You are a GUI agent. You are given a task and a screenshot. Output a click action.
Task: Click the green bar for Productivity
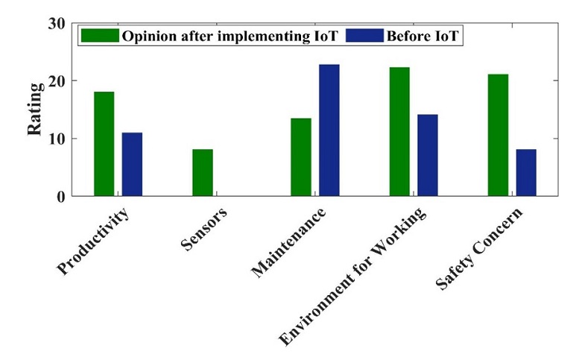(x=104, y=144)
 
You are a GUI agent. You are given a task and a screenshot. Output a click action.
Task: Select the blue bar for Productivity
(x=132, y=164)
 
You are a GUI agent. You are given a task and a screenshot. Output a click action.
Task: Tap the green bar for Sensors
(x=203, y=172)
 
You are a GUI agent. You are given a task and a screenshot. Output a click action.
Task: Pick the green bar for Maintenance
(x=301, y=157)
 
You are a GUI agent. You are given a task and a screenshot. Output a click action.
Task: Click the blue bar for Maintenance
(x=329, y=130)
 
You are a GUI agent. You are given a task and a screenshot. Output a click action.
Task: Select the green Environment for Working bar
(x=399, y=131)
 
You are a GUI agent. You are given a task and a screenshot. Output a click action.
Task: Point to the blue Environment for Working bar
(x=428, y=155)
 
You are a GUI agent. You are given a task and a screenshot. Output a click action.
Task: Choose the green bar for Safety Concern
(x=498, y=135)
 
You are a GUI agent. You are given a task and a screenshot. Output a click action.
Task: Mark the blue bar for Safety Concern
(x=526, y=172)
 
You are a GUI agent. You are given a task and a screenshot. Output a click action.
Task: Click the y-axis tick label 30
(x=57, y=24)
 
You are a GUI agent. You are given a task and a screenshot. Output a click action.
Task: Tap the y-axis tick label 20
(x=57, y=80)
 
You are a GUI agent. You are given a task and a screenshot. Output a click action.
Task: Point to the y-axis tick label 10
(x=57, y=139)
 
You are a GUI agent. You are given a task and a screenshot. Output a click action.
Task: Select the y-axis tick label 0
(x=61, y=197)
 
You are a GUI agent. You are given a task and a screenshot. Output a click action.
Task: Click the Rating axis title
(x=35, y=110)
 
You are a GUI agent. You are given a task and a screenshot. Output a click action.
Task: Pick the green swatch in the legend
(x=100, y=36)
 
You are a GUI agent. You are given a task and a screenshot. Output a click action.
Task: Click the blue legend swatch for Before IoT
(x=365, y=36)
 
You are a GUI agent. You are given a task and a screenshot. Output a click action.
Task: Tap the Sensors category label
(x=204, y=229)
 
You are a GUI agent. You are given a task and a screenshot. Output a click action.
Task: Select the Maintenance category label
(x=288, y=242)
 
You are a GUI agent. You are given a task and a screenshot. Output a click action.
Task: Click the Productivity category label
(x=93, y=241)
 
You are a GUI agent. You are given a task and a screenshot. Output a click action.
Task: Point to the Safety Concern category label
(x=479, y=248)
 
